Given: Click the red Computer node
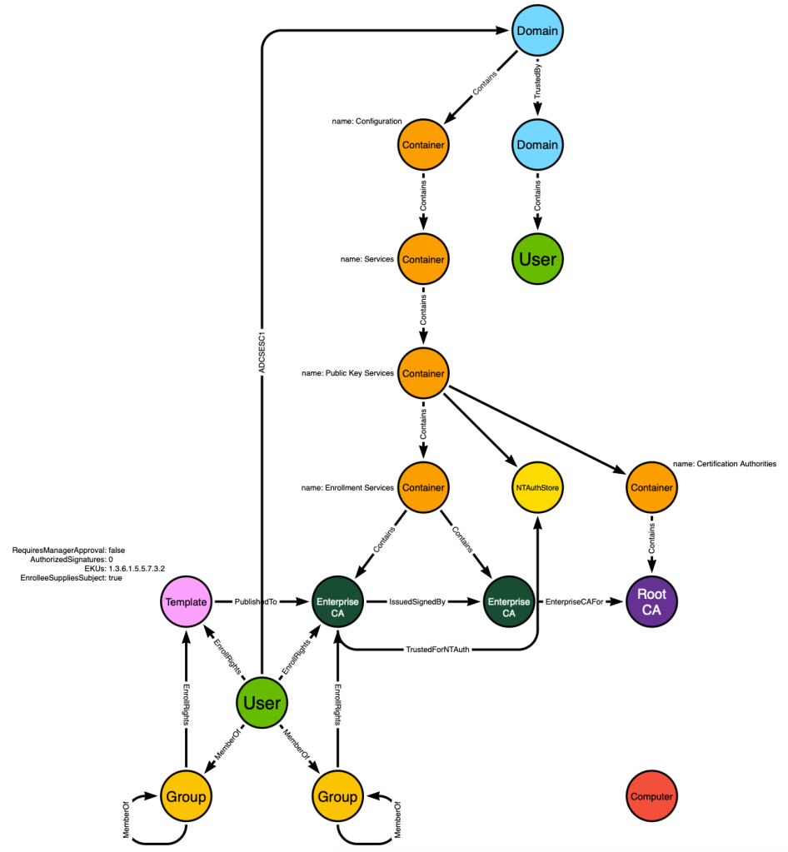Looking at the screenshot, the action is coord(651,796).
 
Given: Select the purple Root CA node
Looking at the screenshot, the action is coord(651,601).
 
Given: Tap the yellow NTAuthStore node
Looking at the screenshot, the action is coord(537,487).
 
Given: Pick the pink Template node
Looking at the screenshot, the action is coord(187,601).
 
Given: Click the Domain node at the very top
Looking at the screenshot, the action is coord(537,31).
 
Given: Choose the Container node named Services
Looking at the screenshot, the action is coord(423,259).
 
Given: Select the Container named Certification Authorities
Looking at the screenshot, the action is coord(651,487).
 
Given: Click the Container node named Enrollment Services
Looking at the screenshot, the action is coord(423,487).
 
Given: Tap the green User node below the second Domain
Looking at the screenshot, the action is coord(537,259).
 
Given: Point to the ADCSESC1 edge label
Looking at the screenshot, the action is coord(262,352).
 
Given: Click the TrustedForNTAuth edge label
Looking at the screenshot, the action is coord(437,650).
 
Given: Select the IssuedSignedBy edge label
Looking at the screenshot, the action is coord(417,601).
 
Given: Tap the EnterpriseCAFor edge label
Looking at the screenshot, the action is coord(575,601).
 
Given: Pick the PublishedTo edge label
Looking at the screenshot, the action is coord(256,601).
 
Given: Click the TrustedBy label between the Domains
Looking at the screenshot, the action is coord(537,82).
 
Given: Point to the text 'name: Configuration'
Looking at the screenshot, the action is coord(367,121).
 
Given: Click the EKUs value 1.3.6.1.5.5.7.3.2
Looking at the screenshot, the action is coord(137,568).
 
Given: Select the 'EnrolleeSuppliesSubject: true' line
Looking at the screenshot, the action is coord(71,578).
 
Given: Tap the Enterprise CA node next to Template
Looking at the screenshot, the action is coord(337,601).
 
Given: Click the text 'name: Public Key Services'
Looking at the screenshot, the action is coord(348,373).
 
